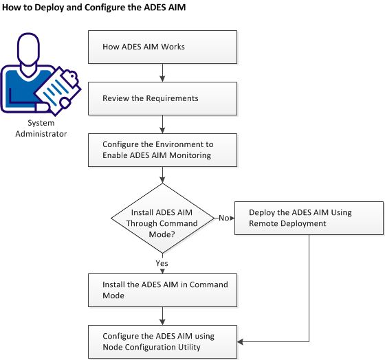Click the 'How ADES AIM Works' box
pos(163,47)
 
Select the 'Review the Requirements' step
pos(163,98)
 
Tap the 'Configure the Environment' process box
pos(163,150)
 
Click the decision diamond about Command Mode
pos(163,218)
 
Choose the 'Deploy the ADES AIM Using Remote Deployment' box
pos(309,218)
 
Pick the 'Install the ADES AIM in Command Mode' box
pos(163,290)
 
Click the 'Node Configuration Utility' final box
pos(163,341)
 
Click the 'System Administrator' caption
pos(42,128)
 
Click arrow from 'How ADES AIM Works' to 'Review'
pos(163,73)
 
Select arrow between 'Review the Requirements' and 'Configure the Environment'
pos(163,124)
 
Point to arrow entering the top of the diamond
pos(163,175)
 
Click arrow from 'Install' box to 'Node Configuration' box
pos(163,315)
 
